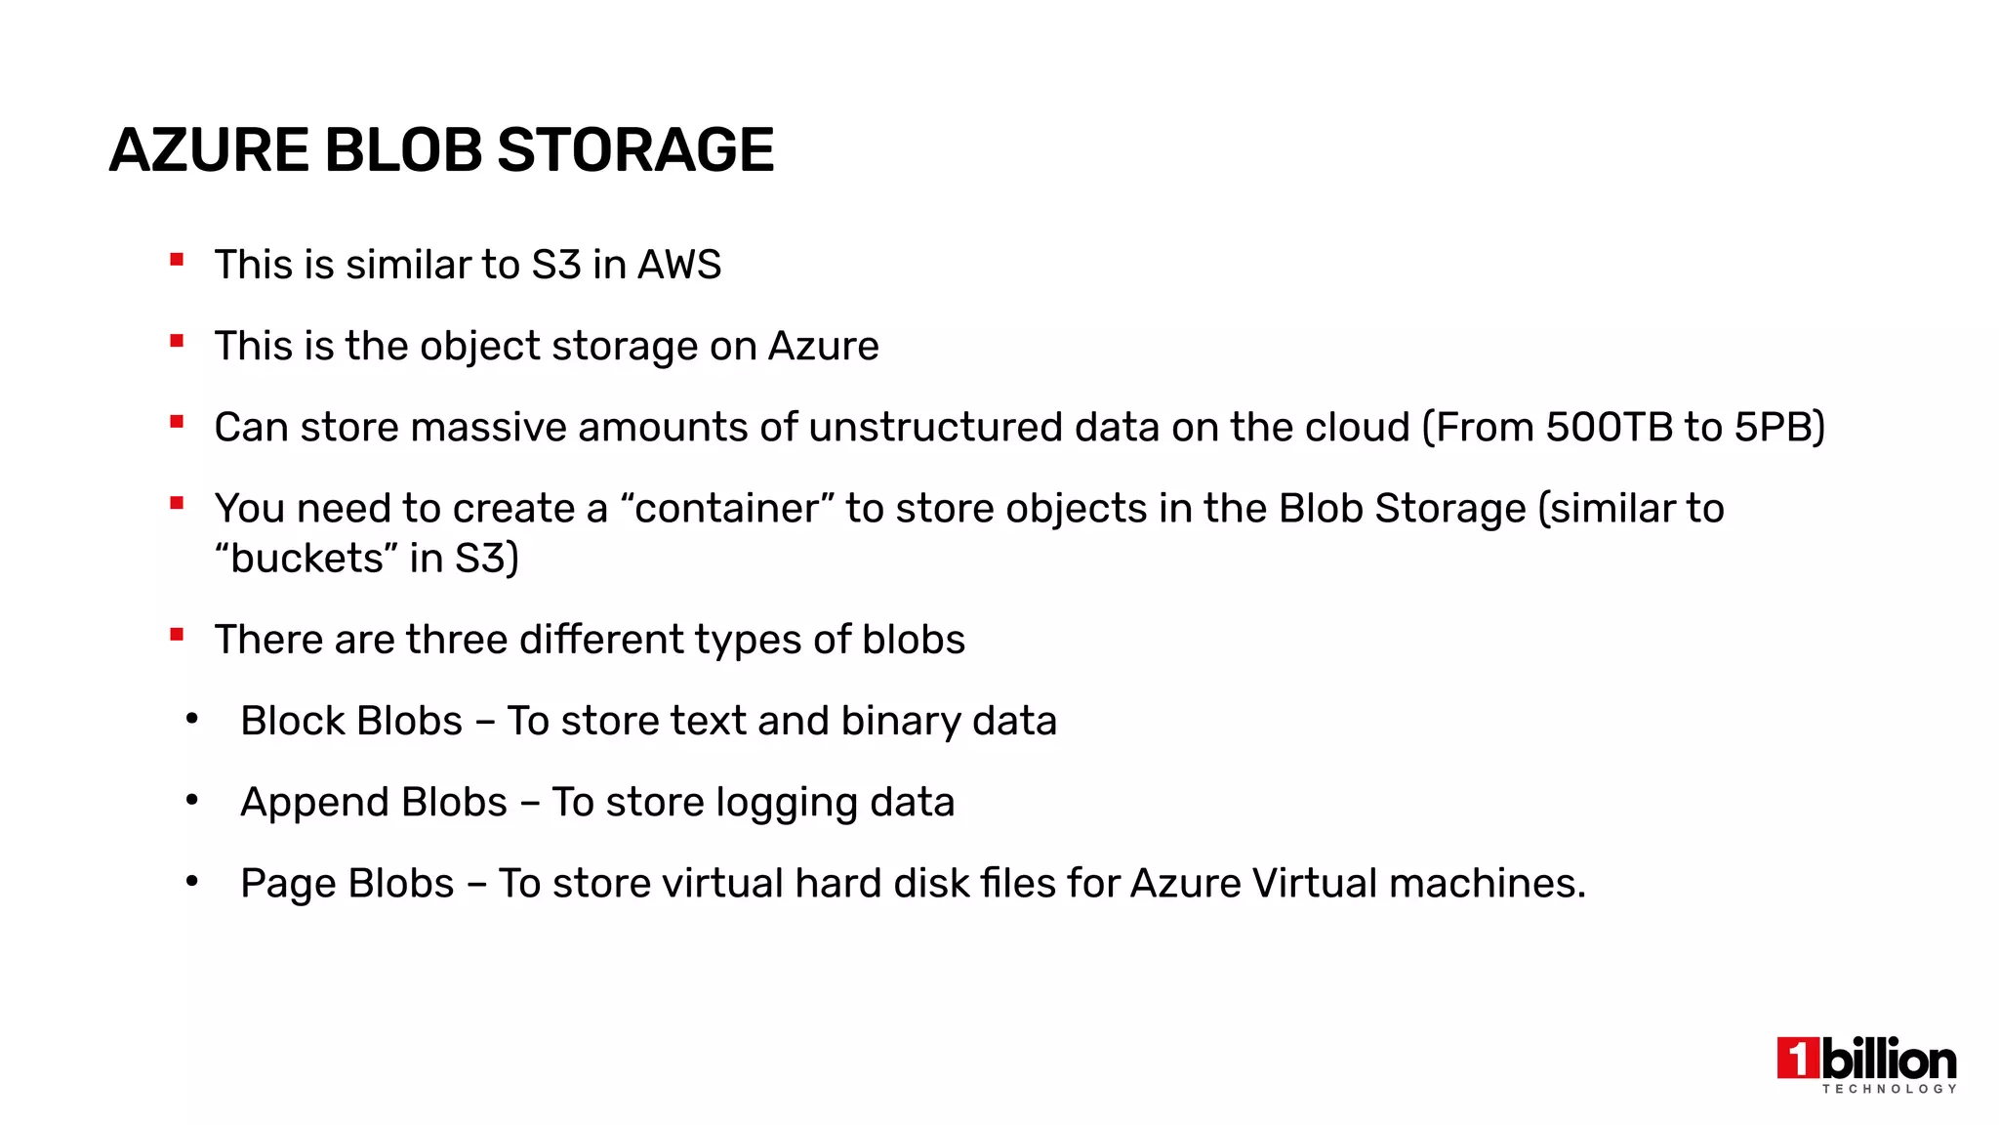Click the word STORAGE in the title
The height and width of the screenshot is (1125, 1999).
coord(635,150)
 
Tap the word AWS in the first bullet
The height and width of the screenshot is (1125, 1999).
coord(679,265)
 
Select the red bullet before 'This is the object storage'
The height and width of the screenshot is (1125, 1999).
coord(177,341)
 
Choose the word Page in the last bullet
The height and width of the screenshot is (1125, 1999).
coord(287,884)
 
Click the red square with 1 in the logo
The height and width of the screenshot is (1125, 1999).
coord(1797,1059)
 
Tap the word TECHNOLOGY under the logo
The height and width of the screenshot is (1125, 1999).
coord(1889,1089)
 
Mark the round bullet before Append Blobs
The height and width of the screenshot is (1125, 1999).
coord(192,801)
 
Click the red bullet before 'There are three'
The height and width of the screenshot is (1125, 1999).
coord(177,635)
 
